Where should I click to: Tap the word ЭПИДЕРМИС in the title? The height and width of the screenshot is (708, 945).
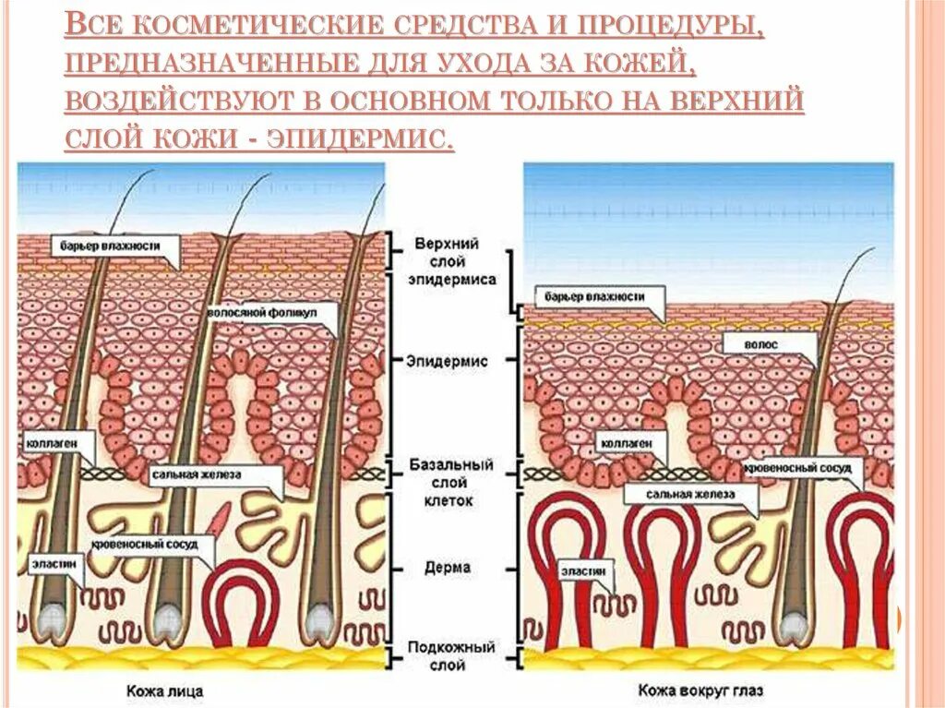pyautogui.click(x=360, y=138)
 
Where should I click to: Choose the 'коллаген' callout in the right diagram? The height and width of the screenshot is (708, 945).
pyautogui.click(x=628, y=444)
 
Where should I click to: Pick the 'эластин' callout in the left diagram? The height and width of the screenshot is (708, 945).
pyautogui.click(x=49, y=559)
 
